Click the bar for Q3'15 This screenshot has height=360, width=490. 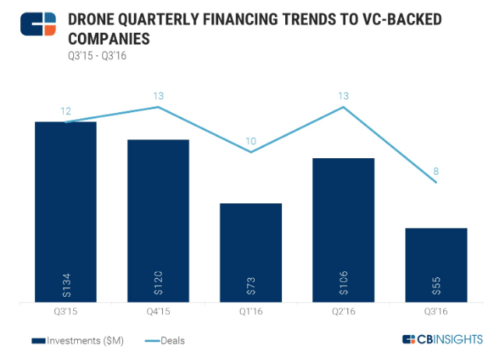65,210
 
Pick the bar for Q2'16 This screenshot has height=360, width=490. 343,229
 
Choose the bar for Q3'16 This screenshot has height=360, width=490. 435,264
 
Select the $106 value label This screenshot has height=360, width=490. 344,284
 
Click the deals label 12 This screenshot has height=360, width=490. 66,111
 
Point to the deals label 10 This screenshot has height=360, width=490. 250,141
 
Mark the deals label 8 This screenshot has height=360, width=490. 435,171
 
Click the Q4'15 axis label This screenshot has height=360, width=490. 158,311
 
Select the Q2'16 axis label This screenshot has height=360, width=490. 344,311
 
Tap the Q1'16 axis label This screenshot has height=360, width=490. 251,311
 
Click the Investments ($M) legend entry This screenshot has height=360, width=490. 77,340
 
